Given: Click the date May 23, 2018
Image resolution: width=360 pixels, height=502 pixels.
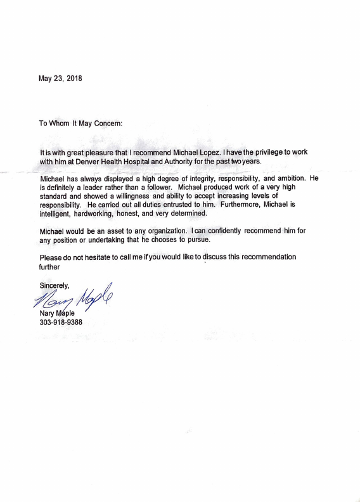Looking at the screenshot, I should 60,79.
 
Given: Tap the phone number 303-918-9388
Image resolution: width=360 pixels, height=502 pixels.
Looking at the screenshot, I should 61,322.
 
